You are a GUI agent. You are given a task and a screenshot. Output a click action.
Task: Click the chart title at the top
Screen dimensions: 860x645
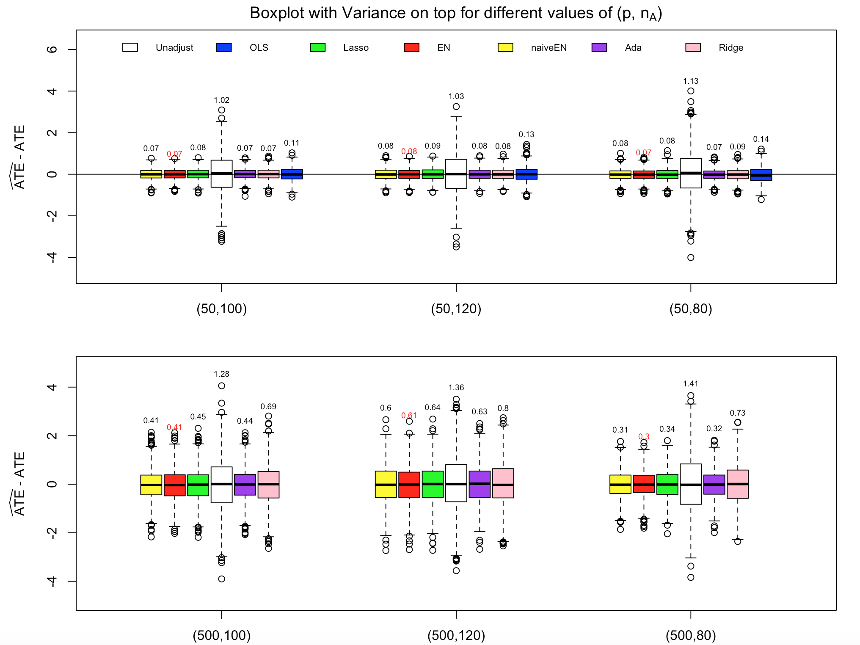(x=456, y=14)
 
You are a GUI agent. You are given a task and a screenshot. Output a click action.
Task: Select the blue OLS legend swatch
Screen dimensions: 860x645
(x=224, y=47)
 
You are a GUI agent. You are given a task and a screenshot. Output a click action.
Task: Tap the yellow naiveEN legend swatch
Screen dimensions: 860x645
(x=505, y=47)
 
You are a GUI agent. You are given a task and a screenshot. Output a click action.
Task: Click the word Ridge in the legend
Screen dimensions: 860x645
(x=731, y=48)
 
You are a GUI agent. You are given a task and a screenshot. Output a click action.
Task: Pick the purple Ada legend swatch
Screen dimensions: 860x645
(x=599, y=47)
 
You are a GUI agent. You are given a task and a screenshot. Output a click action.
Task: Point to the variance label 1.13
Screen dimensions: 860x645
(x=691, y=81)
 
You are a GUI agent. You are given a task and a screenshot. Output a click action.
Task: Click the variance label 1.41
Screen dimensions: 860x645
(x=691, y=384)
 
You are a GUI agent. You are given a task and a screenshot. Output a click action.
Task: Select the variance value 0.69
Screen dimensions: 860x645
(x=268, y=407)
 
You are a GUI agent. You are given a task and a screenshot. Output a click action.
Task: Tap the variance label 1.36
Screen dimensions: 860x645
(x=456, y=388)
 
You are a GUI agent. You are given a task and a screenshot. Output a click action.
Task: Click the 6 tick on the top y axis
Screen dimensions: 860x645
(x=52, y=50)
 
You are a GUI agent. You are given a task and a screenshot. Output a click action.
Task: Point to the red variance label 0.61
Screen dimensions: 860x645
(x=409, y=416)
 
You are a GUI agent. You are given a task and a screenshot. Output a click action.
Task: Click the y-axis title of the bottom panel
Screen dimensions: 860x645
(x=19, y=484)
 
